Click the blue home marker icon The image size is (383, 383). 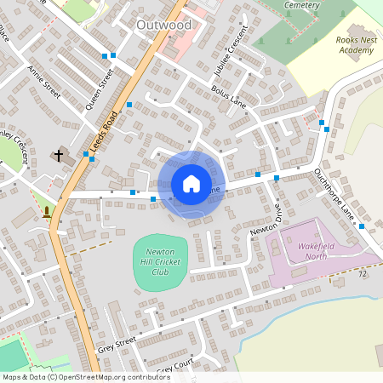click(x=191, y=184)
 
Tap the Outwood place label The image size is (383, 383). click(x=163, y=26)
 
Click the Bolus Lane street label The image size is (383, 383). click(x=227, y=93)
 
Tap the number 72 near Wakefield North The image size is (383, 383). click(x=363, y=274)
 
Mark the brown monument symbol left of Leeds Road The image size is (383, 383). click(x=45, y=211)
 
